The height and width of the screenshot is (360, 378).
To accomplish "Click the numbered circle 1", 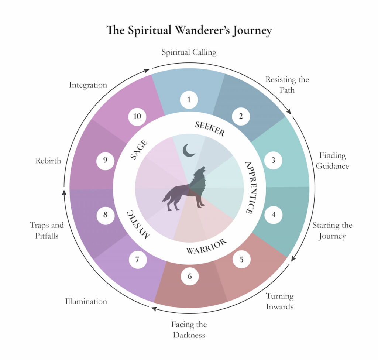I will (189, 100).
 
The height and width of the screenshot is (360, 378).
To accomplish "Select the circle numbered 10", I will (137, 117).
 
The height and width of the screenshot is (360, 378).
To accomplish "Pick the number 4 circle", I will (273, 215).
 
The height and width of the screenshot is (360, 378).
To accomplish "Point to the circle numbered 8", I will (105, 215).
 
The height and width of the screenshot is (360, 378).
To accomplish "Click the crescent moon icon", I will (189, 150).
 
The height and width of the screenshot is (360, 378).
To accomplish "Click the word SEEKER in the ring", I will (210, 129).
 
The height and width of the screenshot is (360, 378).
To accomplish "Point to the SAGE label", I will (139, 150).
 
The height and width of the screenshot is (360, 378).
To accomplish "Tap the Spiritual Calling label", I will (189, 52).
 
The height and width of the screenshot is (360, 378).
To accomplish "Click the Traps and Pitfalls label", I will (47, 230).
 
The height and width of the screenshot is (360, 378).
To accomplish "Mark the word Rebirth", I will (48, 161).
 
